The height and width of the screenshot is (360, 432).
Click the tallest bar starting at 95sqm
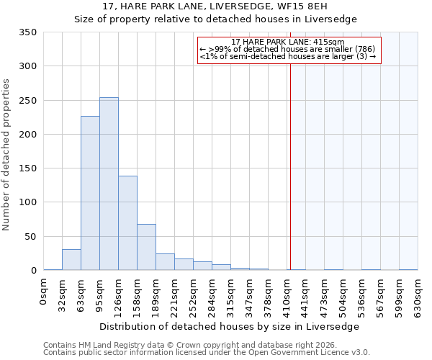point(109,184)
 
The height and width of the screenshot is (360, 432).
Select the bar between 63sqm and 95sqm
point(90,193)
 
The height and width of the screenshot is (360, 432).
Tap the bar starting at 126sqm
point(127,222)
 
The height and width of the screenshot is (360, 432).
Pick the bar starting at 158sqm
point(146,247)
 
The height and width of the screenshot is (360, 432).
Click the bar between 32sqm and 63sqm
point(71,260)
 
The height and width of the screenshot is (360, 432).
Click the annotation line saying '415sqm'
point(288,42)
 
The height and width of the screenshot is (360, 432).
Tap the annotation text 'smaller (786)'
point(345,49)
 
